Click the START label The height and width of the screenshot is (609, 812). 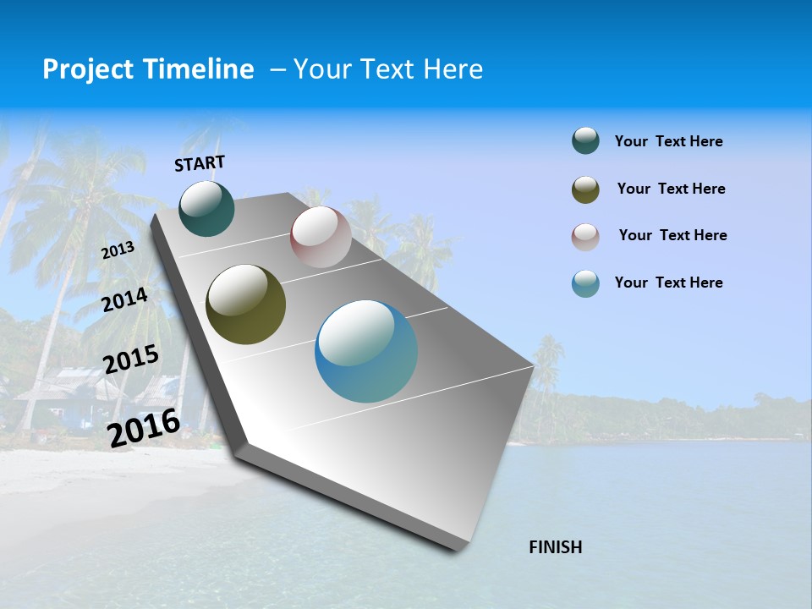click(x=200, y=163)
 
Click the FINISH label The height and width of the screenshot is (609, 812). click(x=555, y=547)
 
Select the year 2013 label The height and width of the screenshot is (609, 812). click(x=118, y=250)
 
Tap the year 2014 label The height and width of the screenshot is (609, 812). click(x=125, y=300)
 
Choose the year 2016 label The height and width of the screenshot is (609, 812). click(x=144, y=427)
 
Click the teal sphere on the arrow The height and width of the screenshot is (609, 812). click(x=207, y=208)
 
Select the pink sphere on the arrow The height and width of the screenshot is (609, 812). click(x=321, y=237)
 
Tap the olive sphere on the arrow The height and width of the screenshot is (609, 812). click(x=245, y=304)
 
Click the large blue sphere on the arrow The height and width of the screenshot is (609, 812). click(x=366, y=351)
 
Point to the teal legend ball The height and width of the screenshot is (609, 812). click(x=585, y=141)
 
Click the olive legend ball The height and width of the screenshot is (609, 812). click(x=585, y=189)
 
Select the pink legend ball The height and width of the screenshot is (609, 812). click(x=585, y=237)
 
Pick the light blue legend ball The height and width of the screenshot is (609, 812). click(x=585, y=283)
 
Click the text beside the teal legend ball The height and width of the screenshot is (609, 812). click(x=668, y=141)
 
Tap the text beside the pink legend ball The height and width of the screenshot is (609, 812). click(x=672, y=235)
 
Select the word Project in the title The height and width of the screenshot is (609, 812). click(x=86, y=69)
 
